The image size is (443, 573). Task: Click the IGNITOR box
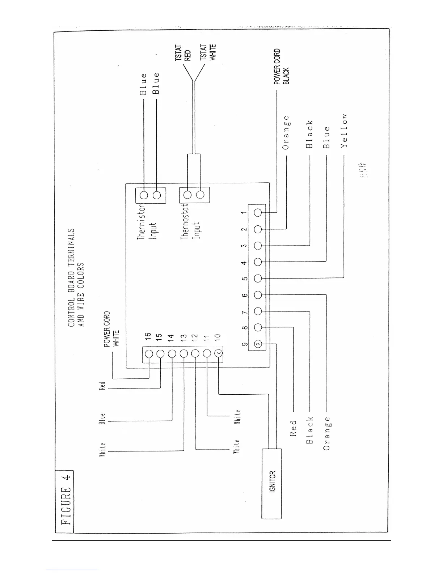tap(272, 484)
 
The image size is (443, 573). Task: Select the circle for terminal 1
tap(258, 213)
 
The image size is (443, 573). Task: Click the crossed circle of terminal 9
tap(258, 344)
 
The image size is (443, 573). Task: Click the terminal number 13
tap(183, 337)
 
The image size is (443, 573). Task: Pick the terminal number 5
tap(245, 279)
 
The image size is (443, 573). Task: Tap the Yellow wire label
tap(344, 131)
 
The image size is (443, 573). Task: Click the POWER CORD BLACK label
tap(281, 67)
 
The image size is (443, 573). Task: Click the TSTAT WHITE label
tap(208, 53)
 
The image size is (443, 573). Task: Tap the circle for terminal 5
tap(258, 278)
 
